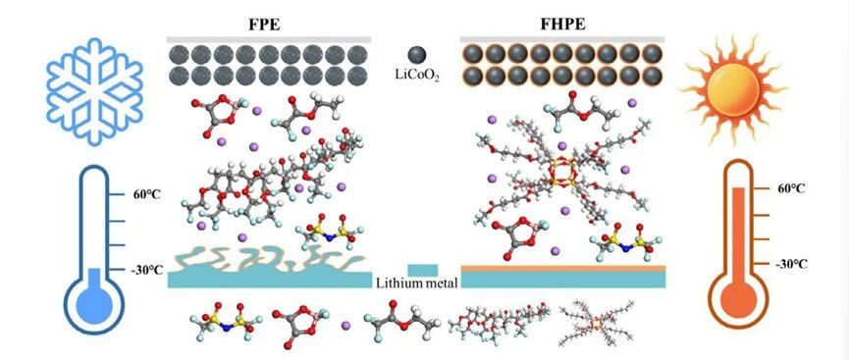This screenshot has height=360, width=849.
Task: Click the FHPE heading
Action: pos(562,26)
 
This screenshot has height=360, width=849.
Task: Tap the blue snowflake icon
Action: pos(95,91)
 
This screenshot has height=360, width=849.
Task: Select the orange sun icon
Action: pos(733,90)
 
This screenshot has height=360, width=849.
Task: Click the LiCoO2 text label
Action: pos(417,77)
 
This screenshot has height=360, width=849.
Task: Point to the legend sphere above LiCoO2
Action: pos(417,55)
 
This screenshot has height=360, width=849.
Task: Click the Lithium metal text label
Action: pos(416,283)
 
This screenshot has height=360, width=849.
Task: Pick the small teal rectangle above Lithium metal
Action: pos(422,270)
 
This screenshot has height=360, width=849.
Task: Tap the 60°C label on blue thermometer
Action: pos(145,194)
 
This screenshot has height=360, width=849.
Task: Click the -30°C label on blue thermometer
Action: pos(146,270)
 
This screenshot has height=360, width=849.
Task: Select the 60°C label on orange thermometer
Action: pos(789,189)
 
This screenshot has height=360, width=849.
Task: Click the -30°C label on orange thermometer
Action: pos(790,264)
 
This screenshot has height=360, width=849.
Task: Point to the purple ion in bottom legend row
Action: pos(346,326)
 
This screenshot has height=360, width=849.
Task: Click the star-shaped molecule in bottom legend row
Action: pos(595,325)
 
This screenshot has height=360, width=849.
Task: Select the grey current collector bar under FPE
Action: pos(269,39)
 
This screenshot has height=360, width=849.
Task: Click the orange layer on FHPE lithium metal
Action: pos(563,268)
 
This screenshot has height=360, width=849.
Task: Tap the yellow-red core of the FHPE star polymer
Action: pos(561,174)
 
